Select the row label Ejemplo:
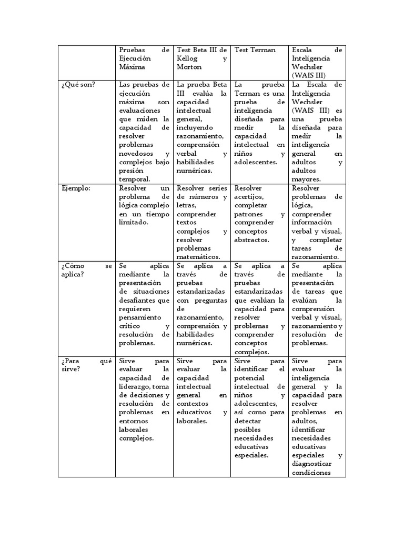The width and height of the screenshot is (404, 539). tap(76, 188)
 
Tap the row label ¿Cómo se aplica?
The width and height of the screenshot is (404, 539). tap(86, 271)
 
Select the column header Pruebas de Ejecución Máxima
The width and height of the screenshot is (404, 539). tap(144, 58)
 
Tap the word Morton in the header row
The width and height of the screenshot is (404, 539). tap(189, 67)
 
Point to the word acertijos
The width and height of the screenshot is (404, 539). tap(251, 196)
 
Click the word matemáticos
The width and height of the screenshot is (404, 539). tap(198, 257)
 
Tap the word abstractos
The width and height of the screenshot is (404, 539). tap(251, 239)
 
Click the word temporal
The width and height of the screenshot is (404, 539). tap(135, 179)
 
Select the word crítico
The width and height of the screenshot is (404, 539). tap(130, 326)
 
